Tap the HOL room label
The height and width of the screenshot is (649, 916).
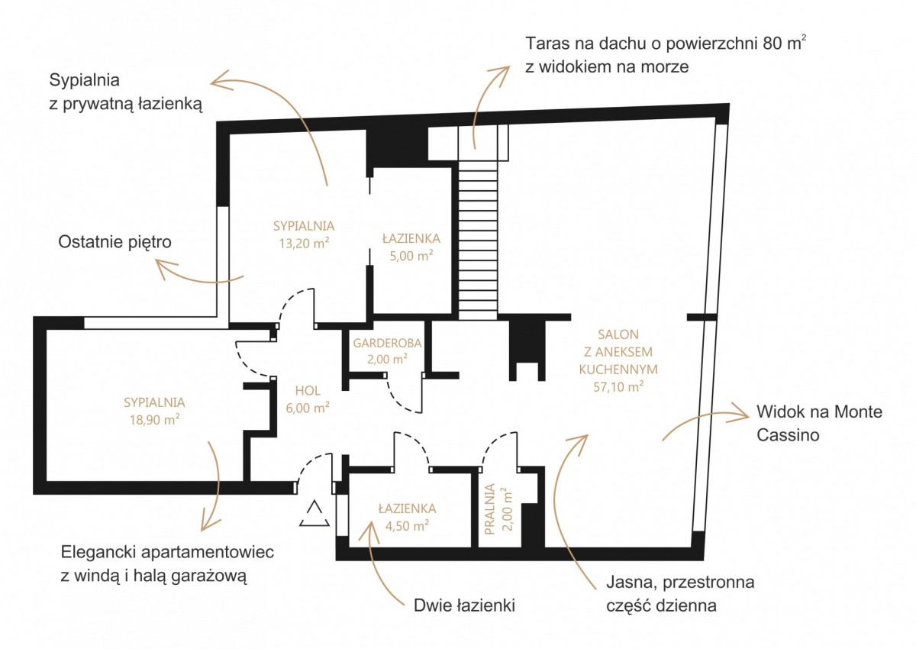coord(308,390)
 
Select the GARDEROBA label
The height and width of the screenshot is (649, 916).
coord(387,343)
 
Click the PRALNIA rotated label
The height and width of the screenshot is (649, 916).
coord(489,509)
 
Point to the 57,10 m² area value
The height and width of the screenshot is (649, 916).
coord(618,386)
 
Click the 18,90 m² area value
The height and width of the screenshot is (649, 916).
coord(154,420)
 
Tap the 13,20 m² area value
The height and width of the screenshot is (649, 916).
coord(304,244)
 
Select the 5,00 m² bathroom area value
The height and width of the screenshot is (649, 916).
coord(411,256)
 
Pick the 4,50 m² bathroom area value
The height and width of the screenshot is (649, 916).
coord(407,525)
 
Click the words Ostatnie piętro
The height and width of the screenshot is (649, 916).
coord(114,242)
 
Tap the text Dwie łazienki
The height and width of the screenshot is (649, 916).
coord(464,605)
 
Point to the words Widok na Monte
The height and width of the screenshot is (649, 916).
coord(819,412)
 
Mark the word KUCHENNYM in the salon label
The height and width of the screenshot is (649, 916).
coord(618,370)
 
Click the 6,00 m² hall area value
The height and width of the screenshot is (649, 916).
coord(308,408)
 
